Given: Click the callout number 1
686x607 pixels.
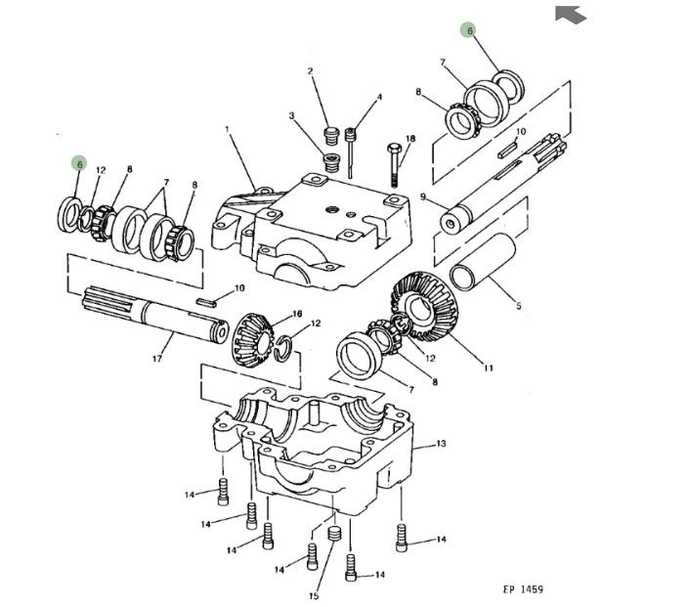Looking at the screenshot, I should pyautogui.click(x=226, y=129).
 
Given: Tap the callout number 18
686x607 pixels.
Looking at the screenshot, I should pyautogui.click(x=410, y=139).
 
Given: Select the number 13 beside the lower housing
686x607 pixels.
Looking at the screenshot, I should pyautogui.click(x=441, y=444).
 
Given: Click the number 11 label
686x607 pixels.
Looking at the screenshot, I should pyautogui.click(x=489, y=369).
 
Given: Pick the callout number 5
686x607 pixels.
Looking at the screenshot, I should pyautogui.click(x=519, y=306).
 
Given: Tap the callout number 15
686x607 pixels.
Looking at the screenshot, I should pyautogui.click(x=314, y=595).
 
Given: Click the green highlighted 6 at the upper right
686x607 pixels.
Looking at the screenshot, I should pyautogui.click(x=470, y=31).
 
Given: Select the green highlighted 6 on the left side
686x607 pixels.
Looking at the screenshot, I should pyautogui.click(x=79, y=164).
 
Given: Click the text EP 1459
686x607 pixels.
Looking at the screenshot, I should pyautogui.click(x=523, y=589).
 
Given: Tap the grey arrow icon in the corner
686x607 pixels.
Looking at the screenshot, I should pyautogui.click(x=571, y=15).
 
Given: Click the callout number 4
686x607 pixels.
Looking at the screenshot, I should pyautogui.click(x=379, y=98).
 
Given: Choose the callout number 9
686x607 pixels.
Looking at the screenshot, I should pyautogui.click(x=423, y=196).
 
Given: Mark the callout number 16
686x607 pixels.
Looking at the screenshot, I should pyautogui.click(x=298, y=314).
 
